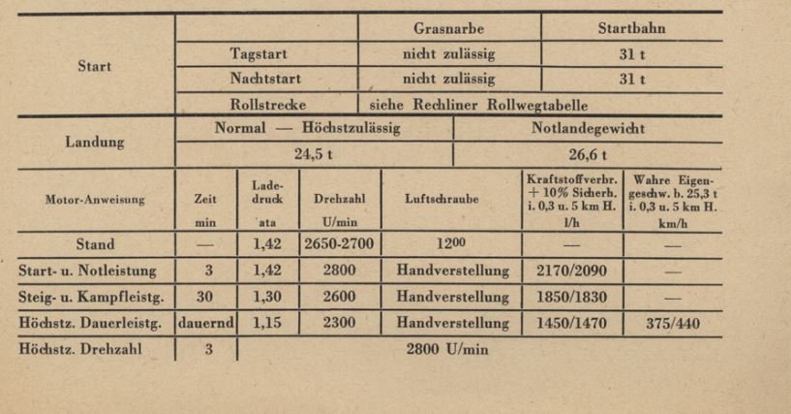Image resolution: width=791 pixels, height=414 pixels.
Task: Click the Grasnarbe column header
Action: (x=448, y=29)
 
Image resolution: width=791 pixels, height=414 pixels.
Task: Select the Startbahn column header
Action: (x=631, y=29)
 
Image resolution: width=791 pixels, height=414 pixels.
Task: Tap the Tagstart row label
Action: (x=259, y=54)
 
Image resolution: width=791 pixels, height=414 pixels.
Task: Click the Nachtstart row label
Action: (x=259, y=79)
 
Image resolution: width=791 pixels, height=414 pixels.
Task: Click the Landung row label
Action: (x=95, y=142)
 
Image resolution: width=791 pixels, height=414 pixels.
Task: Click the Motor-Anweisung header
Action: (x=95, y=200)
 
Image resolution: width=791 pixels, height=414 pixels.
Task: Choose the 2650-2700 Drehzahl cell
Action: (x=340, y=245)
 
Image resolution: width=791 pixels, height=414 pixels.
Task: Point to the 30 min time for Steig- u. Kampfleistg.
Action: (x=208, y=297)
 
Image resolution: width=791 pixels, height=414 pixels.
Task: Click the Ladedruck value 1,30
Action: (x=267, y=297)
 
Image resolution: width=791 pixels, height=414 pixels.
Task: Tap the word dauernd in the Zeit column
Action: (x=207, y=323)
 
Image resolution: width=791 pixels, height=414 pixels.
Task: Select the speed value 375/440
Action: (x=672, y=323)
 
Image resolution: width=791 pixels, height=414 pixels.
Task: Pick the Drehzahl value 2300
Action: (x=340, y=323)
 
